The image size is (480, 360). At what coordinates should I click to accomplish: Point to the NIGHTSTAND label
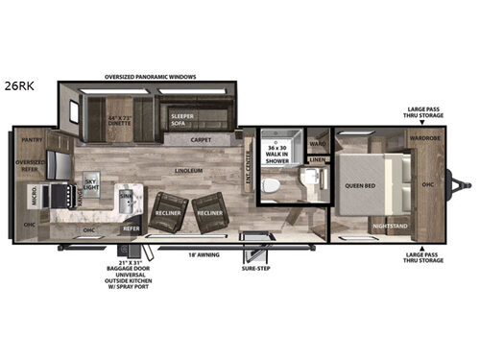[388, 228]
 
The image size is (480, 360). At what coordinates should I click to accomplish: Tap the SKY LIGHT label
[91, 184]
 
